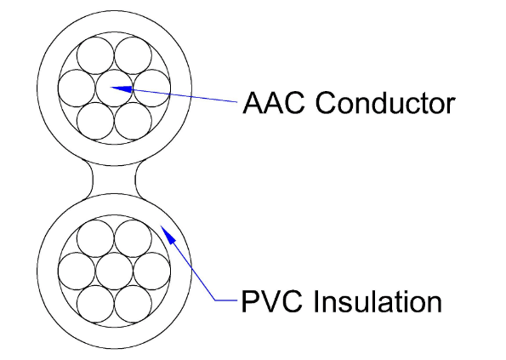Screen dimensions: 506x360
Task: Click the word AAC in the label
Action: coord(273,102)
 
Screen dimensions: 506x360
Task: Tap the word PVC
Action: coord(272,301)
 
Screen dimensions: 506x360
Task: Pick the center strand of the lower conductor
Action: coord(114,271)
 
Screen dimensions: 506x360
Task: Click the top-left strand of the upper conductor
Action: coord(95,55)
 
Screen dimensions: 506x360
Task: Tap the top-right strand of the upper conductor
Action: coord(133,55)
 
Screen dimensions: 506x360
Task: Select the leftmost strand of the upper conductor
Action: coord(77,89)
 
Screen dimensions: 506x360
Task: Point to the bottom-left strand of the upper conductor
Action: coord(95,121)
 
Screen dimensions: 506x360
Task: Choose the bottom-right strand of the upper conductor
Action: coord(133,121)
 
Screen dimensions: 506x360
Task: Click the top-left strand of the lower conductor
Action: coord(95,238)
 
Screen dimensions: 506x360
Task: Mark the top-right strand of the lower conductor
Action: coord(133,238)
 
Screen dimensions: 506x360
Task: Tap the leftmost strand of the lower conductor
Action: coord(77,271)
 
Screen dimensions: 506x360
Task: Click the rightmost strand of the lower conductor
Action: coord(151,271)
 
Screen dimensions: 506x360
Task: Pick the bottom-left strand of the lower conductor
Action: coord(95,304)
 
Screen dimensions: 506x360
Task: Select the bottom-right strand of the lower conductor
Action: coord(133,304)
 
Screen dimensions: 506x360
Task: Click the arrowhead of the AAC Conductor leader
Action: coord(122,89)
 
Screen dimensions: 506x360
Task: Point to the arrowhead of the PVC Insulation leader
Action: coord(168,235)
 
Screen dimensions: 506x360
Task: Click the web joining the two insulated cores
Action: coord(114,180)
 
